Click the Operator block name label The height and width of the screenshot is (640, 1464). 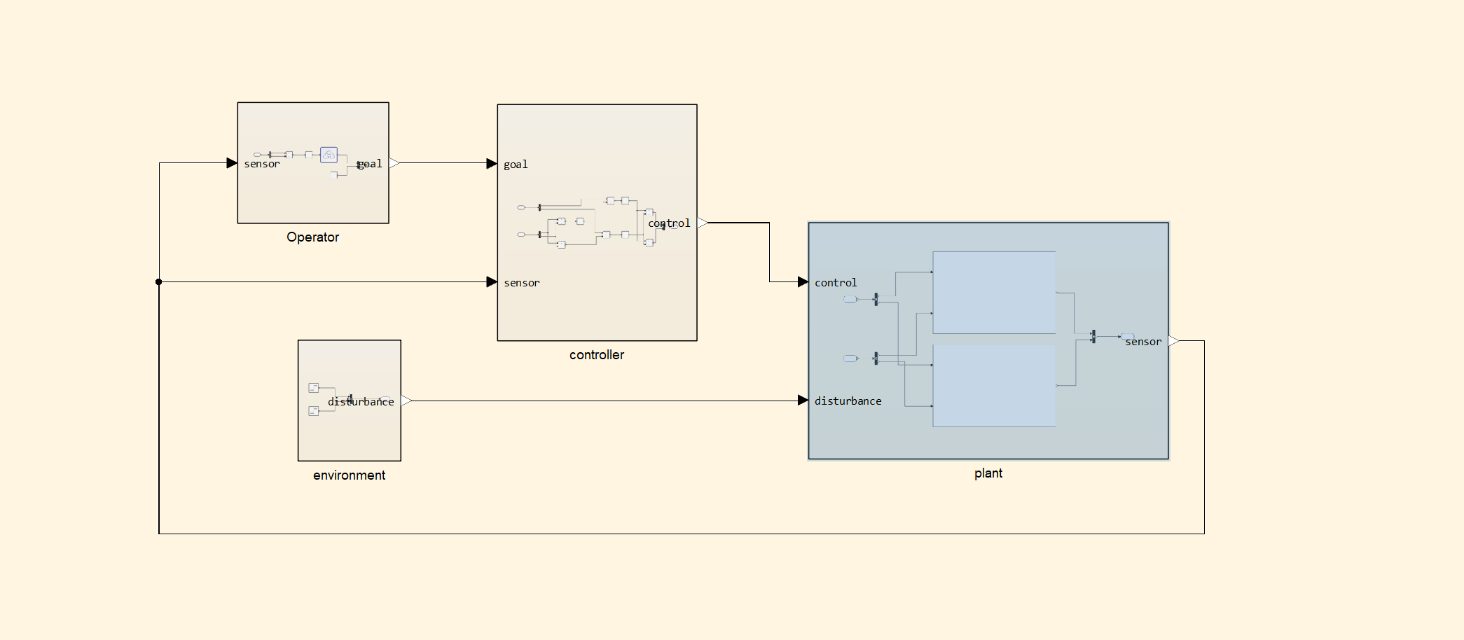point(312,237)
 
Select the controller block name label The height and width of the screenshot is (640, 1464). point(596,355)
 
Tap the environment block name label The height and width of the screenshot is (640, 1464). point(349,475)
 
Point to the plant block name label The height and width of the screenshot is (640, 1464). point(988,473)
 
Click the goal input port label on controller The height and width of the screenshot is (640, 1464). point(516,165)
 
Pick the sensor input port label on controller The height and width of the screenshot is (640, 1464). point(521,283)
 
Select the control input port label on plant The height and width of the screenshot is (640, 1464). point(835,283)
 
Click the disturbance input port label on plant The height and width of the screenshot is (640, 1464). point(848,401)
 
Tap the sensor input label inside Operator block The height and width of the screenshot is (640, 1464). point(261,164)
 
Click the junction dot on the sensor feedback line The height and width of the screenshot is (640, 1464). point(159,282)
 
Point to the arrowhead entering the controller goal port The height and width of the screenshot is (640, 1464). point(492,164)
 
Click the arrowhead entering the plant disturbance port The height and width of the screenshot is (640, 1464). point(803,401)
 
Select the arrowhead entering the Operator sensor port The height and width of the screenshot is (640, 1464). point(232,163)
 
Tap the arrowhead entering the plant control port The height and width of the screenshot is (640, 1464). point(803,282)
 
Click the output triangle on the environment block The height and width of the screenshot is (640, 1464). point(406,401)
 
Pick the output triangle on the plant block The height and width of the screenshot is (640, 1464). point(1174,341)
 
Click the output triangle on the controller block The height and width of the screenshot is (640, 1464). point(702,223)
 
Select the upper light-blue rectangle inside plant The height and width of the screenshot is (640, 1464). point(994,293)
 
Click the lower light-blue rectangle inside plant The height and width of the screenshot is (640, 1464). point(994,386)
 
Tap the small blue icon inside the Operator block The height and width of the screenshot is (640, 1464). point(329,155)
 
